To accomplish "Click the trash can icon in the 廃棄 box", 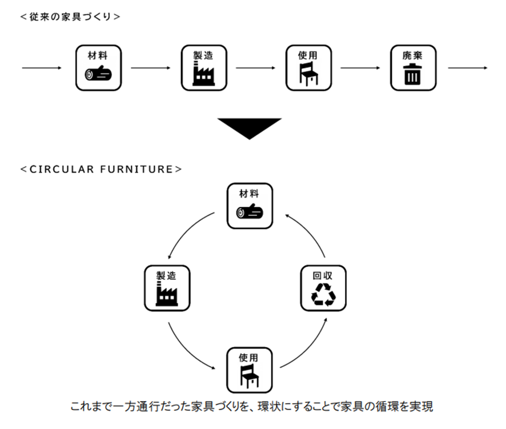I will [412, 75].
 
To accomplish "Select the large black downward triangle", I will [250, 128].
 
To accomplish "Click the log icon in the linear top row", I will [98, 74].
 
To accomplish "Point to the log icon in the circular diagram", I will [250, 213].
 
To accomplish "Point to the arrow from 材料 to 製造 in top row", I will [150, 68].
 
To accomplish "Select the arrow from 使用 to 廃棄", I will [360, 68].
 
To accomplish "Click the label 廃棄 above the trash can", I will [412, 55].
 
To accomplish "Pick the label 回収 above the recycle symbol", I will [323, 275].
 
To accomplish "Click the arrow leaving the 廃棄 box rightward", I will [467, 68].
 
